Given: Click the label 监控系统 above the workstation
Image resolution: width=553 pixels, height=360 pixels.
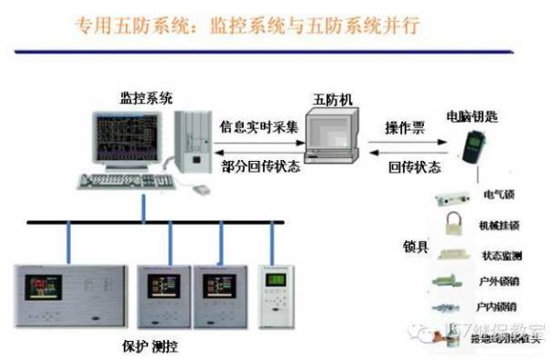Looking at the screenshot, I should [x=146, y=96].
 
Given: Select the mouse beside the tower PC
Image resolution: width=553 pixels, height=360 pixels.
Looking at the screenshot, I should [x=200, y=189].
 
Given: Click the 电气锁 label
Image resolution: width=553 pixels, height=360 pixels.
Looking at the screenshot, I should [x=498, y=195].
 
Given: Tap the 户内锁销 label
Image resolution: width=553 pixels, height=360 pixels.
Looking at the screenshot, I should [x=497, y=307].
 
